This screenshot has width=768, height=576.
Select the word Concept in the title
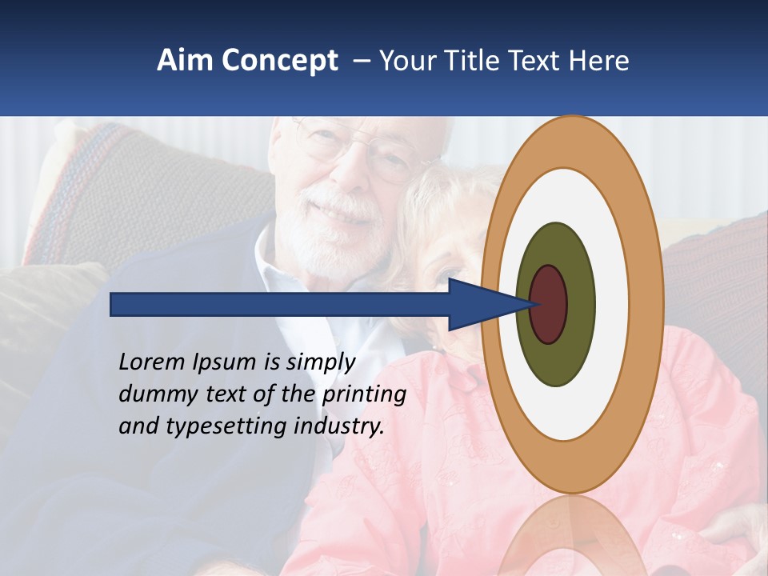[x=279, y=62]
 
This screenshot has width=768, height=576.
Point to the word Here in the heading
[x=599, y=61]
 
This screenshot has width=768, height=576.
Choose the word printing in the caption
[x=363, y=395]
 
